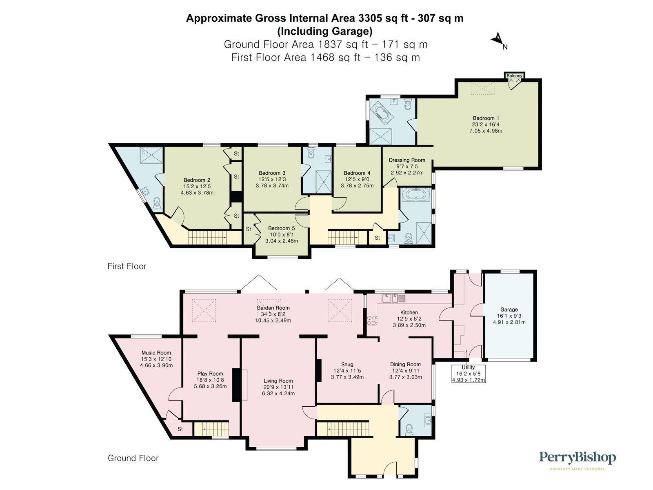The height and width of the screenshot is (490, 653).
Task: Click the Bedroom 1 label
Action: pyautogui.click(x=483, y=118)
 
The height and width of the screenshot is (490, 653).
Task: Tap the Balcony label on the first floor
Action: pyautogui.click(x=514, y=76)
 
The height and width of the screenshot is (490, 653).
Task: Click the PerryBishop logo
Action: pyautogui.click(x=577, y=458)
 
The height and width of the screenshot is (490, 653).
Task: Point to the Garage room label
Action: pyautogui.click(x=509, y=310)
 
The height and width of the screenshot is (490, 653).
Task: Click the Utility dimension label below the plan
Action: pyautogui.click(x=468, y=374)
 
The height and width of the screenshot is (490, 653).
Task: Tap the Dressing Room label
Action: pyautogui.click(x=406, y=160)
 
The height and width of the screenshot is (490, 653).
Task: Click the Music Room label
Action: pyautogui.click(x=156, y=353)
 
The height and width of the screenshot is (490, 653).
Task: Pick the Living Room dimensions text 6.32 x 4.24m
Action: pyautogui.click(x=278, y=394)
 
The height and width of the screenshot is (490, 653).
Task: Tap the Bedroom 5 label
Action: pyautogui.click(x=281, y=228)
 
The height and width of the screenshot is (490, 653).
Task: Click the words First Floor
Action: pyautogui.click(x=127, y=266)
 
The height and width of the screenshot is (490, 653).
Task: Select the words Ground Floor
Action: pyautogui.click(x=133, y=458)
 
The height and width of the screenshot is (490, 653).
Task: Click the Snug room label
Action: pyautogui.click(x=347, y=364)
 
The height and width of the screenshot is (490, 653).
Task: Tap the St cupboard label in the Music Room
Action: pyautogui.click(x=180, y=429)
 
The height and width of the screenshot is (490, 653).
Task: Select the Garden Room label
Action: pyautogui.click(x=273, y=308)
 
